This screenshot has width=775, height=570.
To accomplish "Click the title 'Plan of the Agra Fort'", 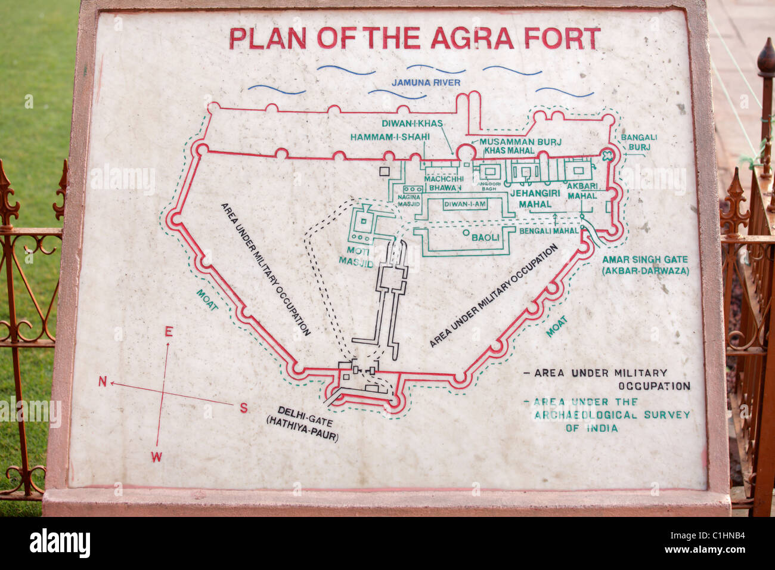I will (414, 38).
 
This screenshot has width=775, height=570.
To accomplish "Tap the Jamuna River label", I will (426, 82).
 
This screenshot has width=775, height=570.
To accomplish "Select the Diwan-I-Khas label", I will (412, 123).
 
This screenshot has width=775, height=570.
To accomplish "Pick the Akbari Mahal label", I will (582, 191).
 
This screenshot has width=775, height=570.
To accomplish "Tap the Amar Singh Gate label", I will (645, 265).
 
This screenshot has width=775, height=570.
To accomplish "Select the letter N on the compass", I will (102, 382).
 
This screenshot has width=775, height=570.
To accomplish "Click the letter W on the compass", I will (156, 457).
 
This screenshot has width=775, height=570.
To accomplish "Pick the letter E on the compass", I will (169, 332).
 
